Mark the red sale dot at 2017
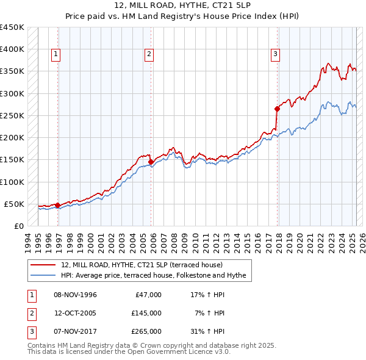(277, 109)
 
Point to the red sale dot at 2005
(151, 162)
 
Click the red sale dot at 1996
(58, 205)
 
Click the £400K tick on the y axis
(12, 49)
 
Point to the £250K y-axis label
(12, 115)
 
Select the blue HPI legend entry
(152, 276)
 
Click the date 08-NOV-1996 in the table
(75, 295)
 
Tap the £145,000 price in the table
(146, 313)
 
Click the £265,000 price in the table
(146, 331)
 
